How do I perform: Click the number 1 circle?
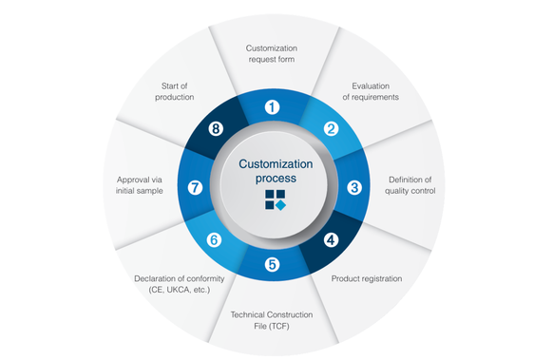[272, 107]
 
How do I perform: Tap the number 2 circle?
[331, 128]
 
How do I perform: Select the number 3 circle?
[354, 187]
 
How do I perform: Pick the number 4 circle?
[331, 240]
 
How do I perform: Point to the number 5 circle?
[272, 264]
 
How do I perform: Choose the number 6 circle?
[214, 240]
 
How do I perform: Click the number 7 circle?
[195, 187]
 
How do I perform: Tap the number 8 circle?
[216, 128]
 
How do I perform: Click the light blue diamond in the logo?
[280, 205]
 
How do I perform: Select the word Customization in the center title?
[276, 164]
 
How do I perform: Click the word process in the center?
[276, 179]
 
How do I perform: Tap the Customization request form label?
[272, 53]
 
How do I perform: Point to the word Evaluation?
[371, 86]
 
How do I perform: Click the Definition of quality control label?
[410, 185]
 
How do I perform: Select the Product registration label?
[367, 278]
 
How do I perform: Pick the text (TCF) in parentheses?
[278, 326]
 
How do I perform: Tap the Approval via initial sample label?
[140, 185]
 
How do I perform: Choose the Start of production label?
[174, 91]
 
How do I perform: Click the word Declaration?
[155, 278]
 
